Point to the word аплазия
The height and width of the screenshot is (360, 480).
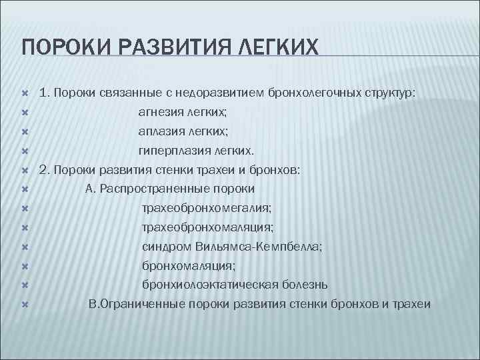(x=159, y=132)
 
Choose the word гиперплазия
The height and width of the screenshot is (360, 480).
(x=171, y=151)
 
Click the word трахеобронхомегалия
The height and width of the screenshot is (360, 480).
(x=206, y=208)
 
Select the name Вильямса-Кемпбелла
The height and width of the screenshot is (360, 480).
(x=259, y=247)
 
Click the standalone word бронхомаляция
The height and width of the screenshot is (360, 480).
(x=179, y=265)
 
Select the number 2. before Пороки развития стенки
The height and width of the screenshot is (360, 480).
(x=45, y=170)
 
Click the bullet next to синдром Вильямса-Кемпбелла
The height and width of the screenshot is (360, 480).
(x=23, y=247)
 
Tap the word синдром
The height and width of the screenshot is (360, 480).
(x=167, y=247)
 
